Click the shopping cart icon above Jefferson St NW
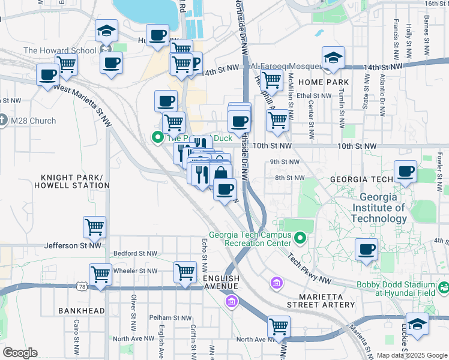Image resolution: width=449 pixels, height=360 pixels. click(95, 228)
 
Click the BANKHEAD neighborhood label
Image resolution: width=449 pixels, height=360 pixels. click(82, 311)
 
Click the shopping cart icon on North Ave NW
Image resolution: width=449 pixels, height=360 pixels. click(279, 328)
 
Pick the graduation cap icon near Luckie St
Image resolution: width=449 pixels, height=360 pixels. click(418, 324)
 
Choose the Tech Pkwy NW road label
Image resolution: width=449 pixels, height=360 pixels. click(309, 268)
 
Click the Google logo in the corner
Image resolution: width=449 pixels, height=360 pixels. click(20, 352)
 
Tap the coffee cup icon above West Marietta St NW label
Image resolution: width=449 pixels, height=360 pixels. click(47, 76)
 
